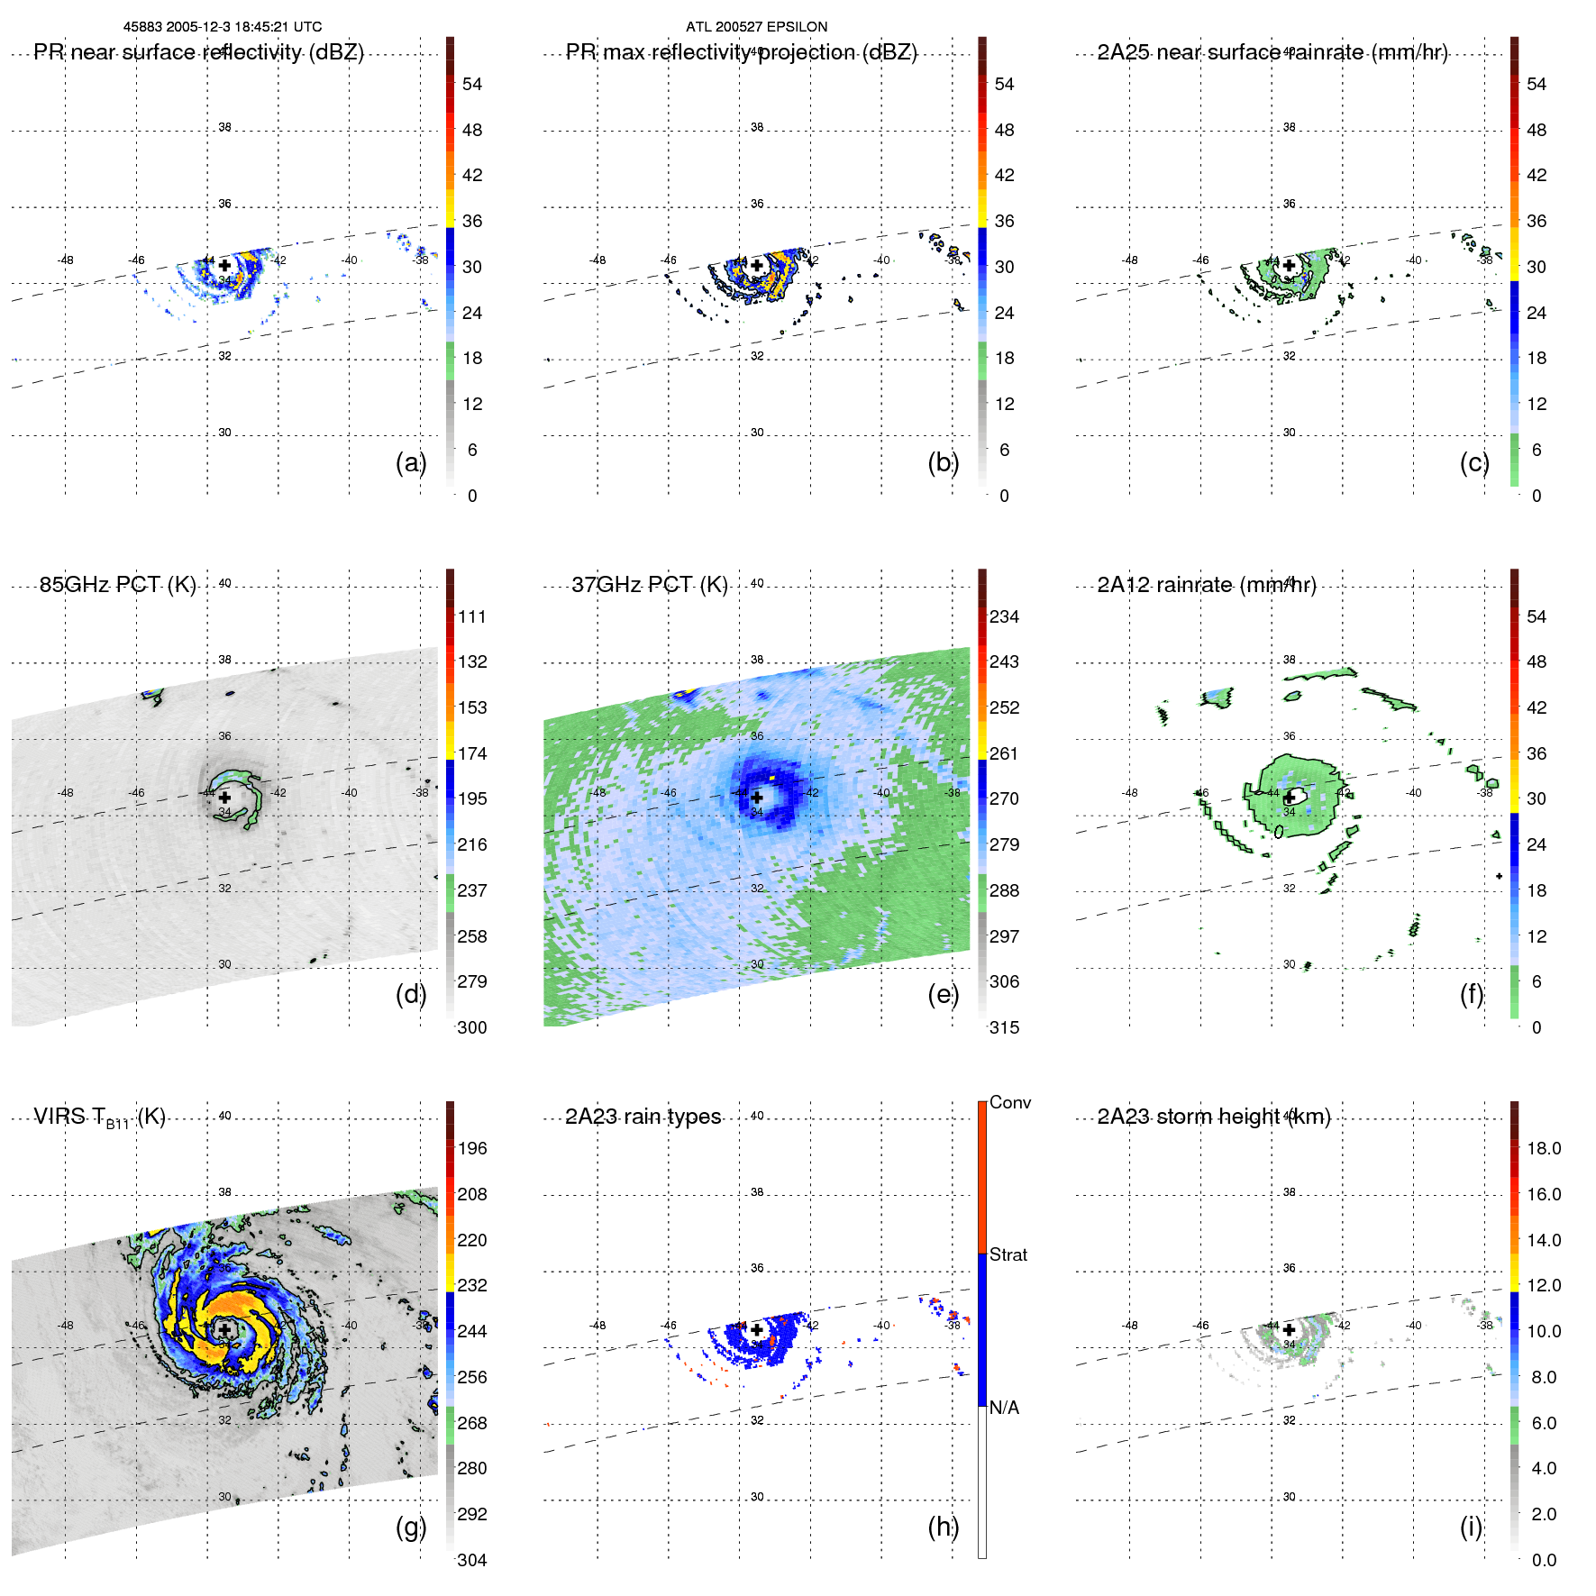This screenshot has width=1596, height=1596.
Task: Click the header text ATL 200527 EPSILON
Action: pyautogui.click(x=756, y=27)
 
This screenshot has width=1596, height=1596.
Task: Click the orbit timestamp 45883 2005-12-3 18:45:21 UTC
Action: pyautogui.click(x=223, y=27)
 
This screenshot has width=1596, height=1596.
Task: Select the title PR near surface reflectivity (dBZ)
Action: pyautogui.click(x=198, y=52)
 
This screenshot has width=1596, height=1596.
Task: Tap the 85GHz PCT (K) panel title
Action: pyautogui.click(x=117, y=585)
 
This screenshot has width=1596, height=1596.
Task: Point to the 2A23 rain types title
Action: pyautogui.click(x=643, y=1117)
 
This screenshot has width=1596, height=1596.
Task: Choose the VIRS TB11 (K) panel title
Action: pyautogui.click(x=99, y=1117)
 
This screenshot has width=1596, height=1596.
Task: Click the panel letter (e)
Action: pyautogui.click(x=943, y=994)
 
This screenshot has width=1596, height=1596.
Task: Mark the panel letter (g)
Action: pyautogui.click(x=410, y=1527)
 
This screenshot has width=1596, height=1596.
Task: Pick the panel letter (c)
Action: pyautogui.click(x=1474, y=462)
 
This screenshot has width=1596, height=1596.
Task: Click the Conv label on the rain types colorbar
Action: pyautogui.click(x=1009, y=1102)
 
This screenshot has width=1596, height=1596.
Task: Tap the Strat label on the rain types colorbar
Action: pyautogui.click(x=1008, y=1254)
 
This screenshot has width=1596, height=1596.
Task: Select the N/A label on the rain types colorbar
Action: pyautogui.click(x=1004, y=1408)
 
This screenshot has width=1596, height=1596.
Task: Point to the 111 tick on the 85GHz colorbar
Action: pyautogui.click(x=471, y=616)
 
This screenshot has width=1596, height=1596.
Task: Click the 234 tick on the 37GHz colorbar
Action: pyautogui.click(x=1004, y=616)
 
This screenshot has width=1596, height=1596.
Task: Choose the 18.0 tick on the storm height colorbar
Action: pyautogui.click(x=1543, y=1148)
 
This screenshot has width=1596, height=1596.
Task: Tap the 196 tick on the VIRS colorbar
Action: pyautogui.click(x=471, y=1148)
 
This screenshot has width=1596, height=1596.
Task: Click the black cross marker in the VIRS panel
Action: pyautogui.click(x=224, y=1329)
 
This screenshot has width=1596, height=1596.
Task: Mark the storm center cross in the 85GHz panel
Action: pyautogui.click(x=224, y=797)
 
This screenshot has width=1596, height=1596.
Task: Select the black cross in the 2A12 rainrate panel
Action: pyautogui.click(x=1290, y=797)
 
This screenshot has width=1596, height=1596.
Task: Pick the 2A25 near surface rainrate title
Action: pyautogui.click(x=1272, y=52)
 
